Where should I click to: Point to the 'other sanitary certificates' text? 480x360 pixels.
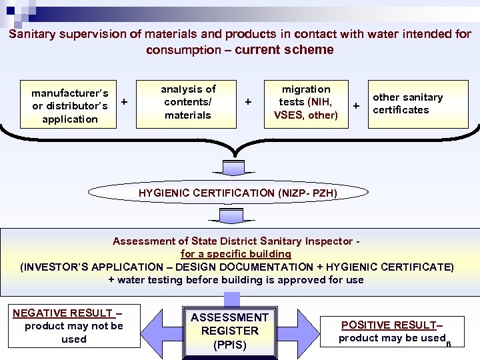pos(407,103)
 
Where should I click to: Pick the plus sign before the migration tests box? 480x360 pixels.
pos(248,102)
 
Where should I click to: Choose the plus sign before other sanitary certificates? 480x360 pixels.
pos(357,105)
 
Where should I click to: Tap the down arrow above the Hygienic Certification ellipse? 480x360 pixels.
pos(233,167)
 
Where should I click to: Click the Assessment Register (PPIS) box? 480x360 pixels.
pos(229,331)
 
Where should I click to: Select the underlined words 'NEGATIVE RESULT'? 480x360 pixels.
pos(63,313)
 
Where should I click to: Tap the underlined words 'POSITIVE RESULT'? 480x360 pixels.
pos(389,325)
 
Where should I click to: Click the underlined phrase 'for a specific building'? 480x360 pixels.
pos(235,254)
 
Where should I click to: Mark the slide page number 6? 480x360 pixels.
pos(449,345)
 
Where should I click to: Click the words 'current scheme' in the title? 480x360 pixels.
pos(284,50)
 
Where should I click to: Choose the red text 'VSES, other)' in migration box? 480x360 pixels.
pos(306,115)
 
